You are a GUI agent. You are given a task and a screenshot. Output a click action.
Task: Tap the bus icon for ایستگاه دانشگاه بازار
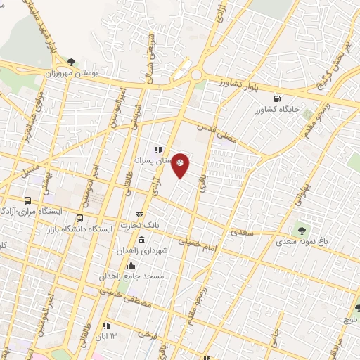coord(79,218)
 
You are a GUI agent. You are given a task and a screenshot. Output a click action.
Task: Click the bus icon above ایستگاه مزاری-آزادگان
coord(28,200)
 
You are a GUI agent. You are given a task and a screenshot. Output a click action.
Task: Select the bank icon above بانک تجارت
coord(140,214)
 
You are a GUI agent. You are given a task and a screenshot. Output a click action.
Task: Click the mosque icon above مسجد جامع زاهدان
coord(130,264)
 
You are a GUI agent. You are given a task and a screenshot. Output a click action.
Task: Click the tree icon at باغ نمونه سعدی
coord(301,229)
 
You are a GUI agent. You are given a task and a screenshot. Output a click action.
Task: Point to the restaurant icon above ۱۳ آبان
coord(106,326)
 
